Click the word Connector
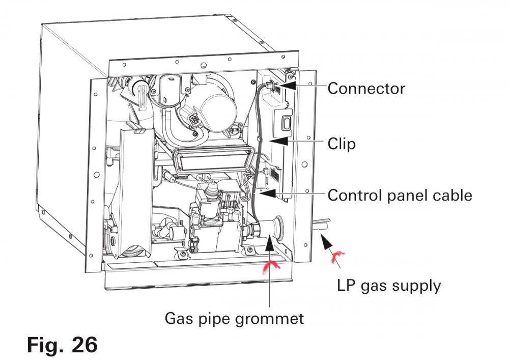tap(366, 89)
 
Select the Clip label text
tap(342, 144)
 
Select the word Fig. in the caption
tap(44, 345)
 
